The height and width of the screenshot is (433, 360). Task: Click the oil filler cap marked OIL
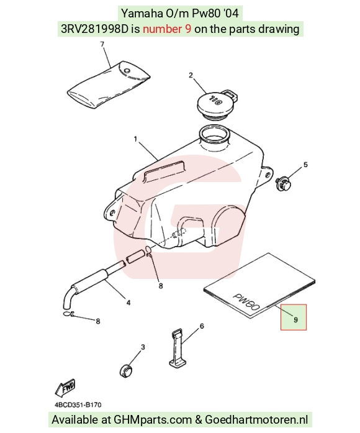click(216, 104)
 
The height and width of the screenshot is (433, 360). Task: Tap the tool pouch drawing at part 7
click(109, 84)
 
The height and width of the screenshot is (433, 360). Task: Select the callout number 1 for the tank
click(135, 139)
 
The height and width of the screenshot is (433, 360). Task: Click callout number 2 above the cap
click(191, 75)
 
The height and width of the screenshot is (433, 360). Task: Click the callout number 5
click(305, 165)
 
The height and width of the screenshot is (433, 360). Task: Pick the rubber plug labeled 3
click(126, 371)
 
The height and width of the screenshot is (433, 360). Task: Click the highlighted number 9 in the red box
click(295, 320)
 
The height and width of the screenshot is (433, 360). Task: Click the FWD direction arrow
click(65, 388)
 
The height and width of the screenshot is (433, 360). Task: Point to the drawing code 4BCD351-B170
click(78, 405)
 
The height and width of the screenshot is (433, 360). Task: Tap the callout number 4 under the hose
click(128, 303)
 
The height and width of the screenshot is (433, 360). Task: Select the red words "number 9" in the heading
click(167, 29)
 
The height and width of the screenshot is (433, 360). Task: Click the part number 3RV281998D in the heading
click(94, 29)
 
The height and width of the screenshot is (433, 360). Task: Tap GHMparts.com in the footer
click(153, 420)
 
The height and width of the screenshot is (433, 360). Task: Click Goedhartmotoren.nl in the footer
click(256, 420)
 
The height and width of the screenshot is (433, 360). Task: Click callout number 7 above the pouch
click(102, 45)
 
